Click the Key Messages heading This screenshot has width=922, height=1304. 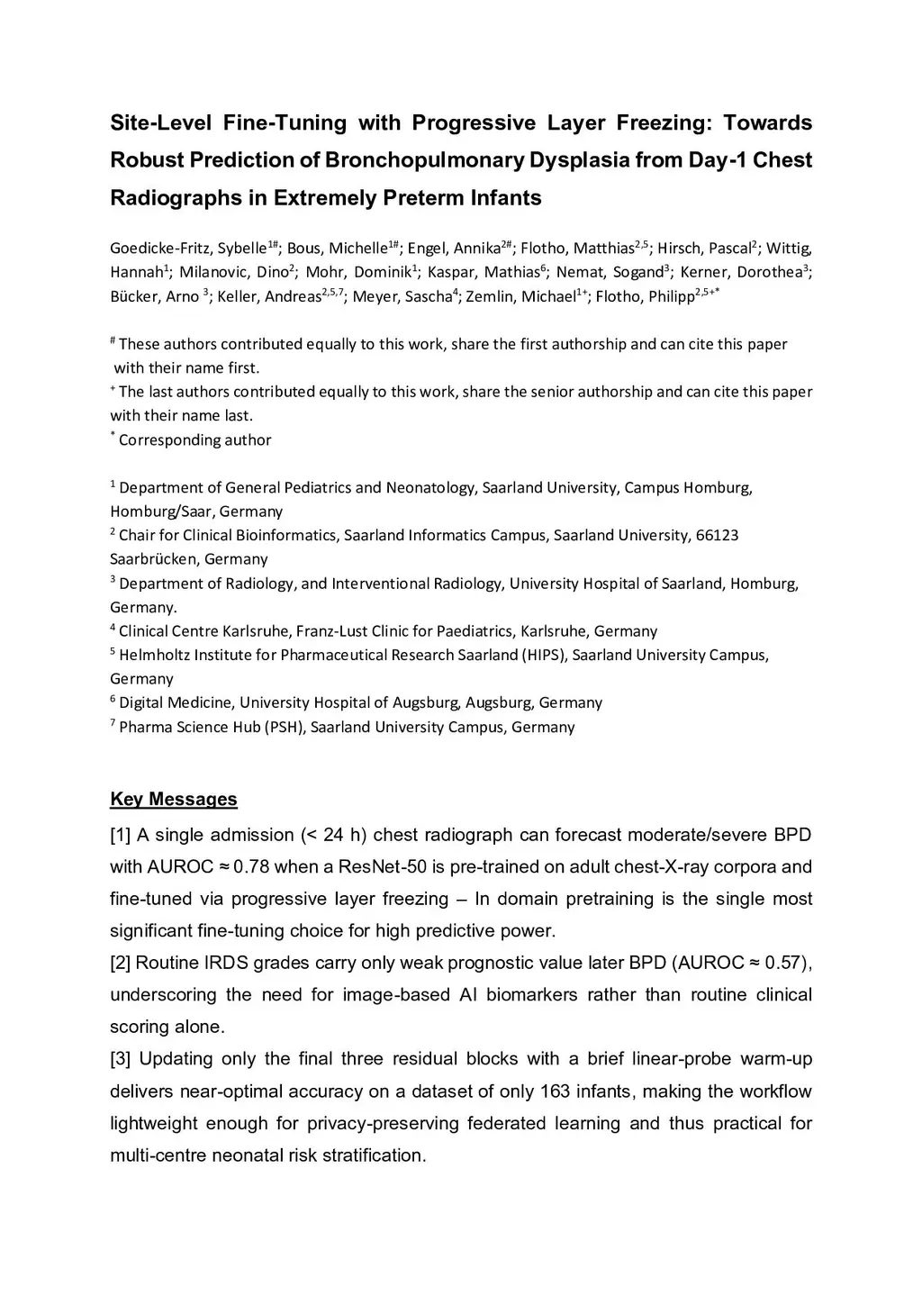[174, 800]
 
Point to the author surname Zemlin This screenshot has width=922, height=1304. [493, 296]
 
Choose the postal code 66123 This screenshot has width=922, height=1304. [717, 536]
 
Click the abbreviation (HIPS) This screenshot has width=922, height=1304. [544, 655]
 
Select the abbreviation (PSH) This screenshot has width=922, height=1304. [285, 727]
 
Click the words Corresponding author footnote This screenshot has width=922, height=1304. [194, 440]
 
